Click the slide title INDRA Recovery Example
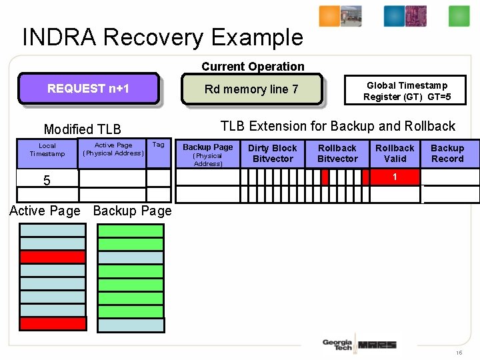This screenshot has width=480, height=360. [163, 37]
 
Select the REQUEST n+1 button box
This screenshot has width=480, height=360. [88, 89]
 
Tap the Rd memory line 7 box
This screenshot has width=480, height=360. [251, 89]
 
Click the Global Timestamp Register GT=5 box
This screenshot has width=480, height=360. [407, 91]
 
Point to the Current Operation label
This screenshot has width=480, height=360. [253, 66]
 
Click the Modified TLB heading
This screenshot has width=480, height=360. [82, 129]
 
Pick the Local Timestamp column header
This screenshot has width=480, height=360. [47, 150]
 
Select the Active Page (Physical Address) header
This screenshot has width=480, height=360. [113, 149]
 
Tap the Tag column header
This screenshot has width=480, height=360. [158, 145]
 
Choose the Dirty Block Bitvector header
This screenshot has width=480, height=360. [272, 153]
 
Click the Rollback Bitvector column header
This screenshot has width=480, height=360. [337, 153]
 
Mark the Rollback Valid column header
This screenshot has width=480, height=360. [395, 153]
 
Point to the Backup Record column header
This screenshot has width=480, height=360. [447, 153]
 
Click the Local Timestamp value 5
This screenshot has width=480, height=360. [47, 180]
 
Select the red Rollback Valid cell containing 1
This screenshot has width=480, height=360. [395, 177]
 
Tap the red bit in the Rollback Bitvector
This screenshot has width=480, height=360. [325, 177]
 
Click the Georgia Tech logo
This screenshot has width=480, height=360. [337, 344]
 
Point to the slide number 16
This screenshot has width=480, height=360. [459, 353]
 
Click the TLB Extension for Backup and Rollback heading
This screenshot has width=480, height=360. [337, 126]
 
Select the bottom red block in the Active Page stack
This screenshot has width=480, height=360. [53, 324]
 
